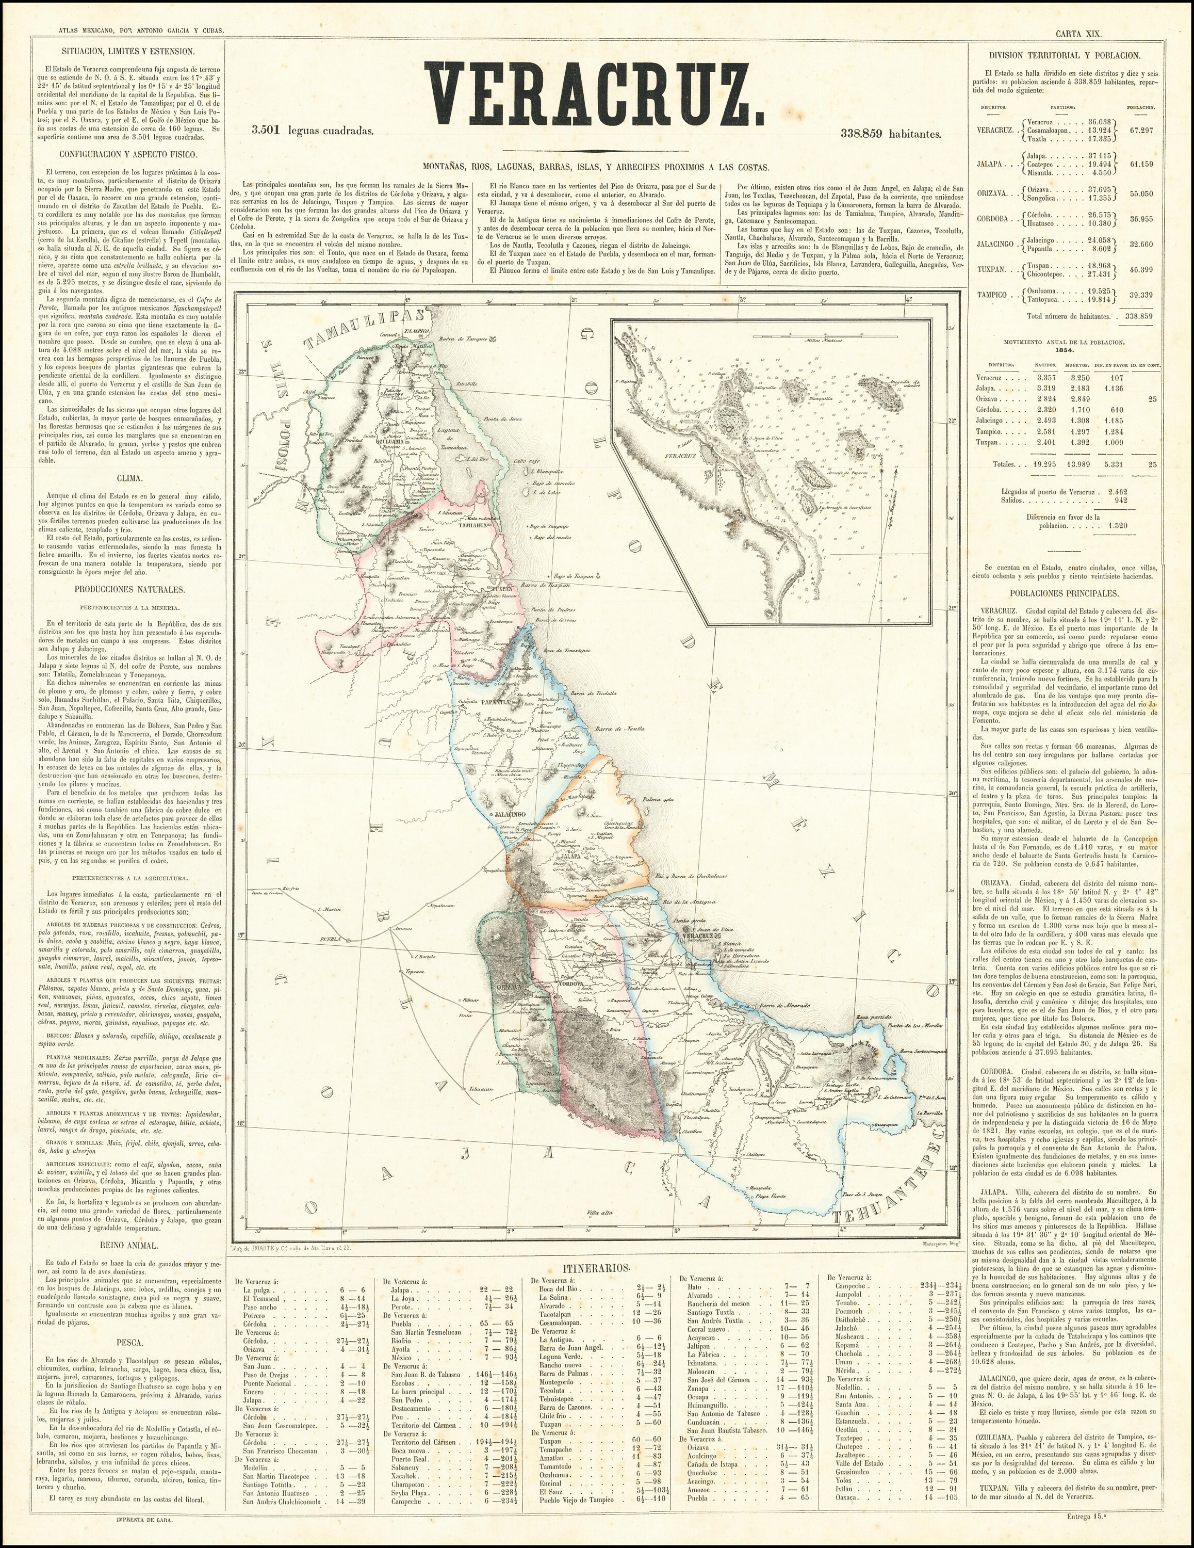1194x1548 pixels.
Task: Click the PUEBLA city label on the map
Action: [x=332, y=941]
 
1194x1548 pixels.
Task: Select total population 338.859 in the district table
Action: [x=1134, y=316]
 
